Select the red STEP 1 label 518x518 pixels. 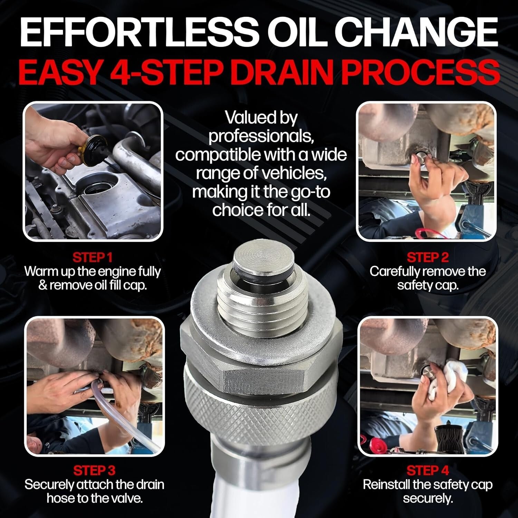click(x=93, y=257)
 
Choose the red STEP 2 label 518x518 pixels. click(x=428, y=257)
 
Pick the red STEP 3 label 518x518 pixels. click(x=94, y=470)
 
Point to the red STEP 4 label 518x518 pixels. click(x=428, y=470)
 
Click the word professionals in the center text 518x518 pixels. click(x=261, y=136)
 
